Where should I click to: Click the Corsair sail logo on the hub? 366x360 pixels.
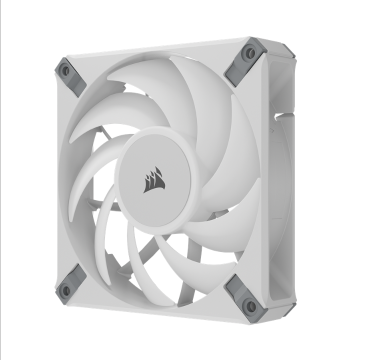tap(153, 179)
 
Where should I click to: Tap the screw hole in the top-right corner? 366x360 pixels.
tap(250, 52)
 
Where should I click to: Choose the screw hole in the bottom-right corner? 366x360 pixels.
tap(250, 305)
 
